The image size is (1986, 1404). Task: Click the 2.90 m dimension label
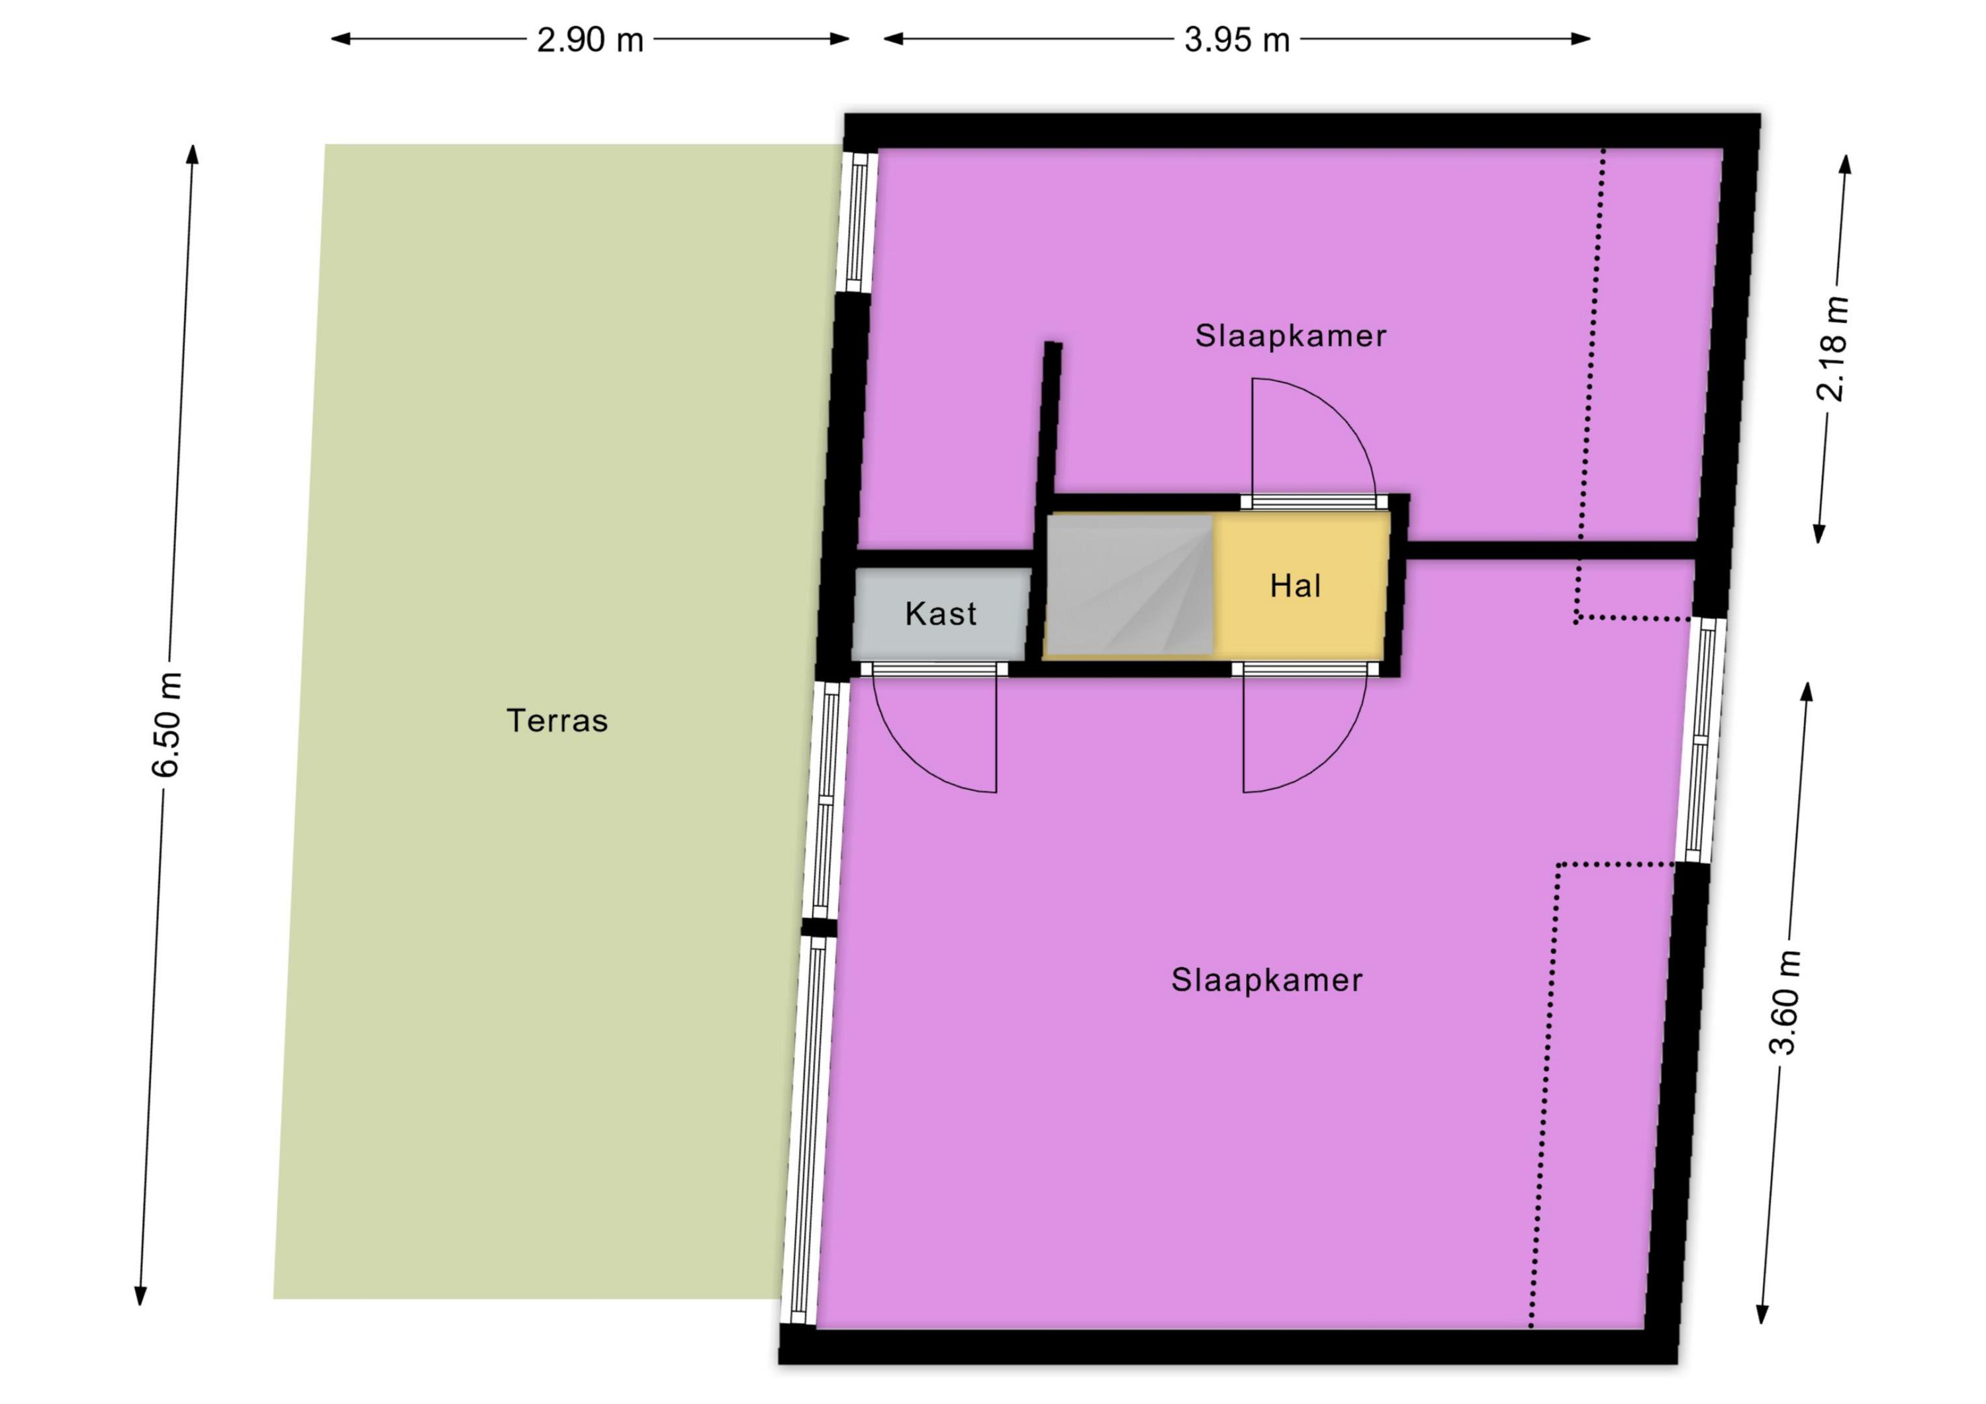(x=590, y=40)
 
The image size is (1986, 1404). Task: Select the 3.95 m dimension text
(x=1237, y=40)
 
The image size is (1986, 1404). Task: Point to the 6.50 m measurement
(x=166, y=724)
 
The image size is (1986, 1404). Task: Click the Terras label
(x=557, y=721)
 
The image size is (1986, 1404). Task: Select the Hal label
(x=1295, y=586)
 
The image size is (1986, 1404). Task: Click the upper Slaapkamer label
(x=1290, y=336)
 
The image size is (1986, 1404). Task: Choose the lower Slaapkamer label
(x=1266, y=980)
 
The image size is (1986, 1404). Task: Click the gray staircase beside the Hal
(x=1129, y=585)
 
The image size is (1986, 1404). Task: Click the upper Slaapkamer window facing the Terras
(x=857, y=222)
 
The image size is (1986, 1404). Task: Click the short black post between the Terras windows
(x=818, y=927)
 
